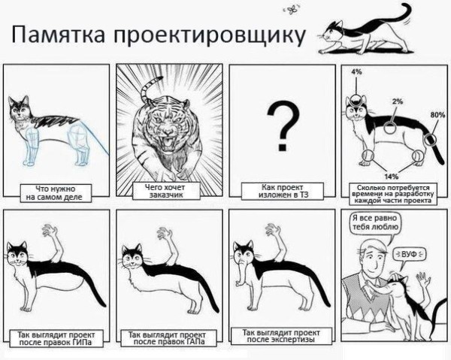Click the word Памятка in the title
click(58, 35)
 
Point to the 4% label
click(356, 71)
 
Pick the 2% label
click(397, 101)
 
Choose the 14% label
click(392, 175)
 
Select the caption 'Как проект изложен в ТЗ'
click(279, 190)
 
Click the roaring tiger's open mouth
click(168, 141)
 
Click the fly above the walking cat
click(289, 10)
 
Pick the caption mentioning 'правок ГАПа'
click(168, 337)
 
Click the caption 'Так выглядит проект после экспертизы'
click(279, 335)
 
